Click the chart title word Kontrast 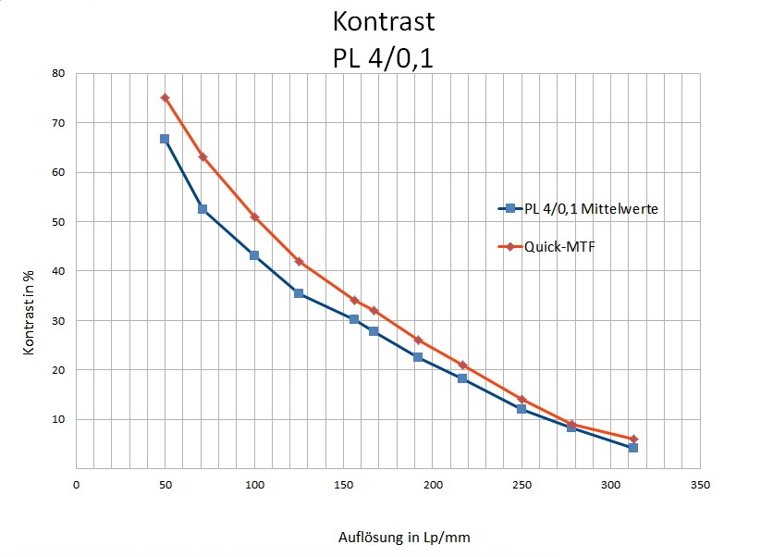coord(383,21)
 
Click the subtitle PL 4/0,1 coord(383,57)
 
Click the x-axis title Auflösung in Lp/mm coord(408,537)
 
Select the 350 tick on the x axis coord(700,484)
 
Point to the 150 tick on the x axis coord(344,484)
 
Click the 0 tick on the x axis coord(77,484)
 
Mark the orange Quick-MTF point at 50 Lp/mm coord(165,97)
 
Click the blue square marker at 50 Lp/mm coord(165,139)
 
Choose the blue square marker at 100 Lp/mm coord(254,255)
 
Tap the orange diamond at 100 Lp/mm coord(254,217)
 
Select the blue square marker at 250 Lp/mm coord(521,409)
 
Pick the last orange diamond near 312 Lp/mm coord(633,439)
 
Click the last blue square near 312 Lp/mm coord(633,448)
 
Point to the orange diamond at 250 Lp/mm coord(521,399)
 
